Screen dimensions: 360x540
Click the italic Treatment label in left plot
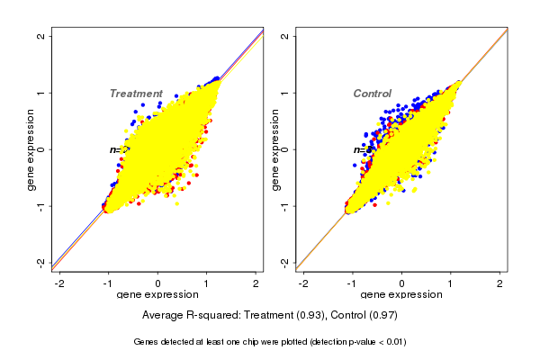[x=136, y=94]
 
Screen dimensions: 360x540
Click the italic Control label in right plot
[x=372, y=94]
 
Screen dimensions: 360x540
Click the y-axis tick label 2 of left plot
[x=41, y=36]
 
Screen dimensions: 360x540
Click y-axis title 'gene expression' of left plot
[x=31, y=149]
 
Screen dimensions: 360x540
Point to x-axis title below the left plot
[x=157, y=295]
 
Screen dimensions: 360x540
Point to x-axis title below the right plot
[x=402, y=295]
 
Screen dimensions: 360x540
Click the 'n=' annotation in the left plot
[x=117, y=149]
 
